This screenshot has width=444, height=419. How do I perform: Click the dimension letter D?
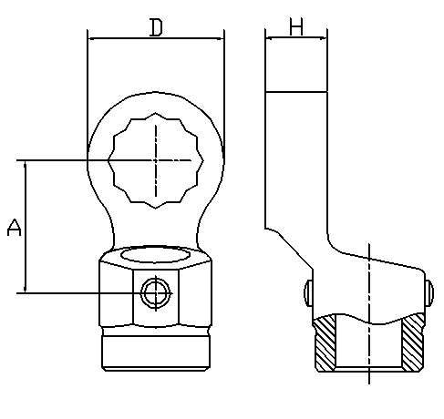[156, 27]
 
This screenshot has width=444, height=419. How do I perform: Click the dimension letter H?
[296, 26]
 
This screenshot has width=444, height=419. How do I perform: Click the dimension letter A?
[14, 228]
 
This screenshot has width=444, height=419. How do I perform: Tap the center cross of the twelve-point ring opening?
[156, 160]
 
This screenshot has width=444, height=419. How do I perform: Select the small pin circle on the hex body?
[156, 293]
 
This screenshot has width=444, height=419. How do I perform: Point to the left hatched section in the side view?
[325, 342]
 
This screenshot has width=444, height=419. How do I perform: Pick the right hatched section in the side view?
[413, 342]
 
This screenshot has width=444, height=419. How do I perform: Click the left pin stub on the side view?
[308, 292]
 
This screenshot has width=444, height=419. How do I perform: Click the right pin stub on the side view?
[429, 292]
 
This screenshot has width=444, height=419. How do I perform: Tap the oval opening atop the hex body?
[155, 255]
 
